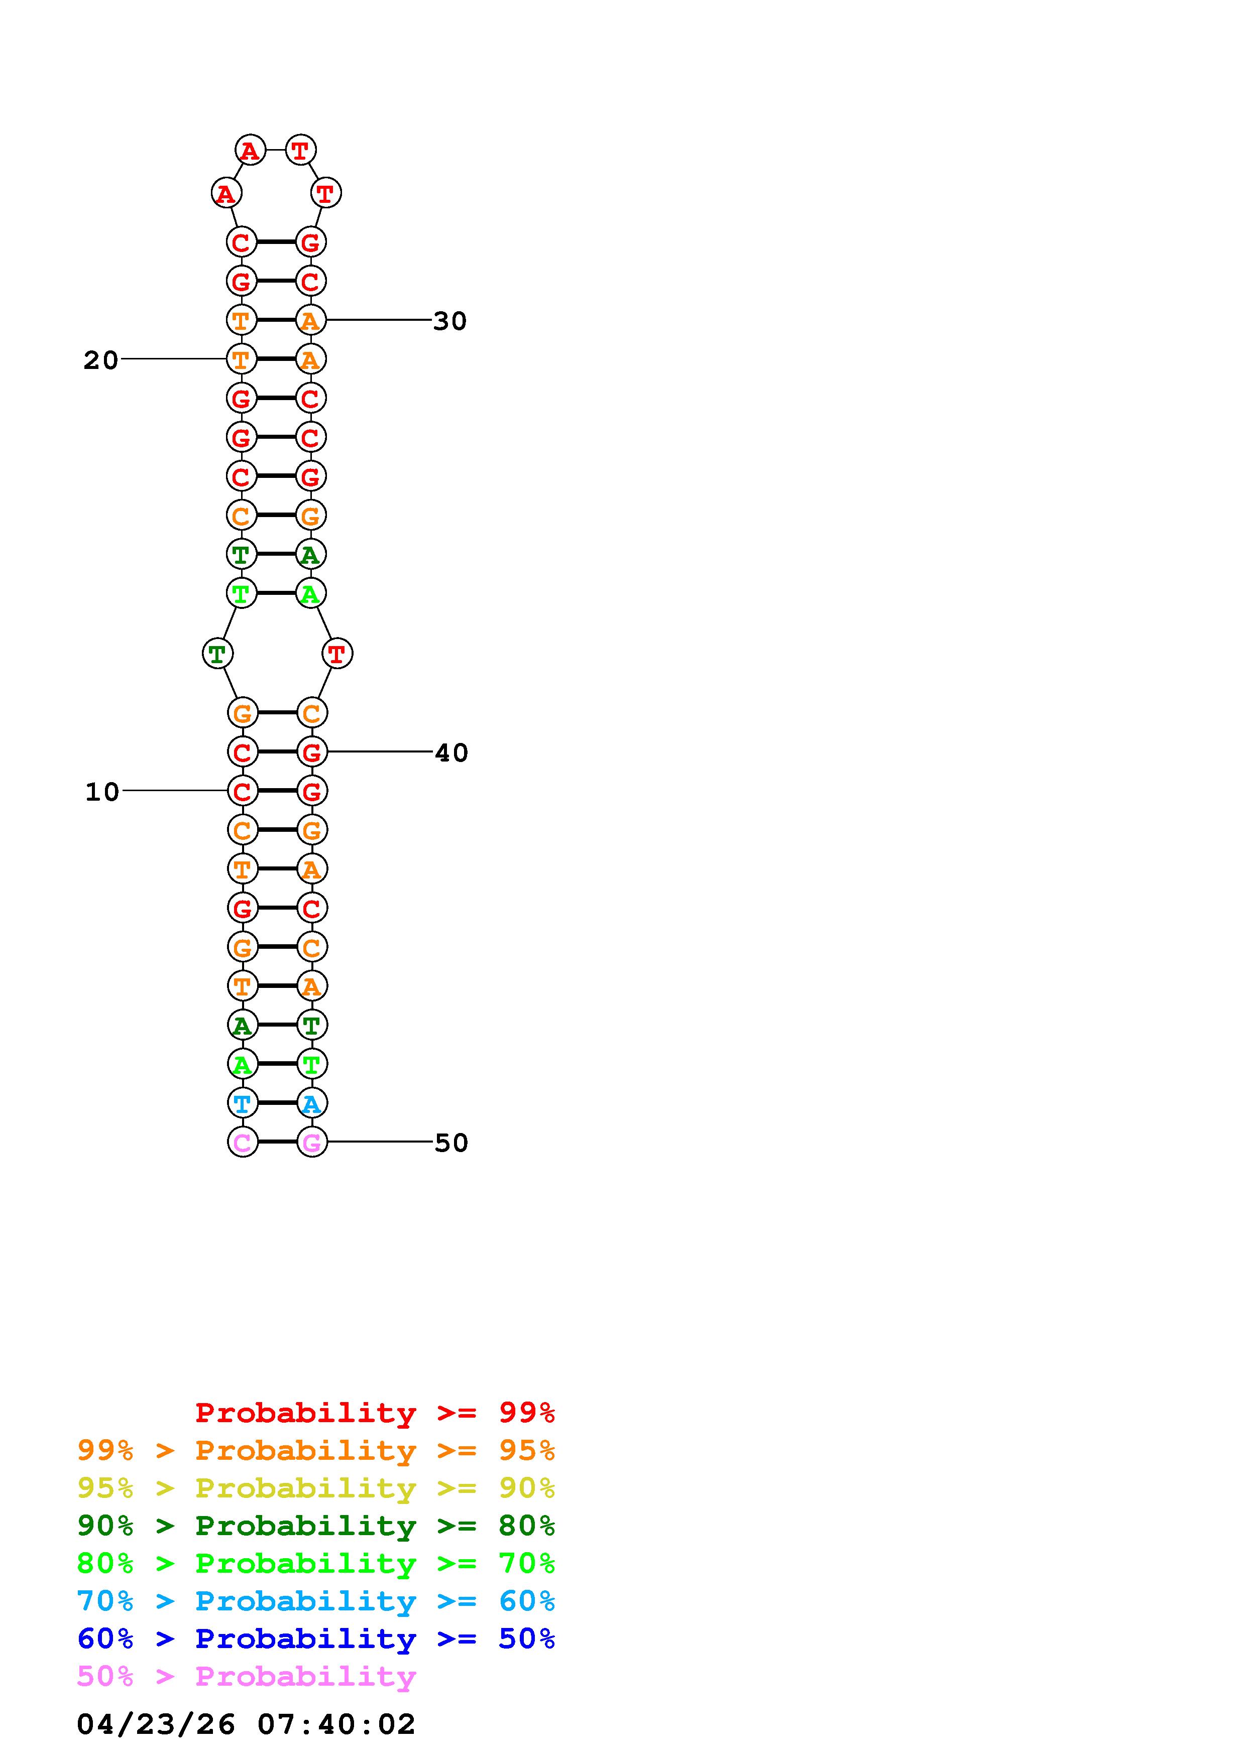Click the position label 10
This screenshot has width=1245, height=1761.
(102, 792)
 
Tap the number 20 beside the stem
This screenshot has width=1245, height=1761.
(100, 360)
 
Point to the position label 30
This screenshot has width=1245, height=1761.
(449, 321)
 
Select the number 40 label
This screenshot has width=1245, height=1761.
(451, 752)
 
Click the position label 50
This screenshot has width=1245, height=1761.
(451, 1143)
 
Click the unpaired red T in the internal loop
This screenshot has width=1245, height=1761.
(337, 654)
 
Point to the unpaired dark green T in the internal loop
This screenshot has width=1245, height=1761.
(217, 654)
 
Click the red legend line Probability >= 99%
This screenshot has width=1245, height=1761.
(374, 1412)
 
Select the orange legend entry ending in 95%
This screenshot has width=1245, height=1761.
(316, 1450)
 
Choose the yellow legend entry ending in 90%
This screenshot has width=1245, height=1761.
(316, 1488)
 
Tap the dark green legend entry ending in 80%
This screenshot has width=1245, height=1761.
(316, 1526)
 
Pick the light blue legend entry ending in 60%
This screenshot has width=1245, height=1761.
(316, 1601)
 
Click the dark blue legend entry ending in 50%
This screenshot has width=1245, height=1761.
(316, 1639)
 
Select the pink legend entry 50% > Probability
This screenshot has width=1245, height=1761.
(246, 1676)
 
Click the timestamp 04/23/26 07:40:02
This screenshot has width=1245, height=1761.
(246, 1723)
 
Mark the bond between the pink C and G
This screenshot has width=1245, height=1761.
(277, 1142)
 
